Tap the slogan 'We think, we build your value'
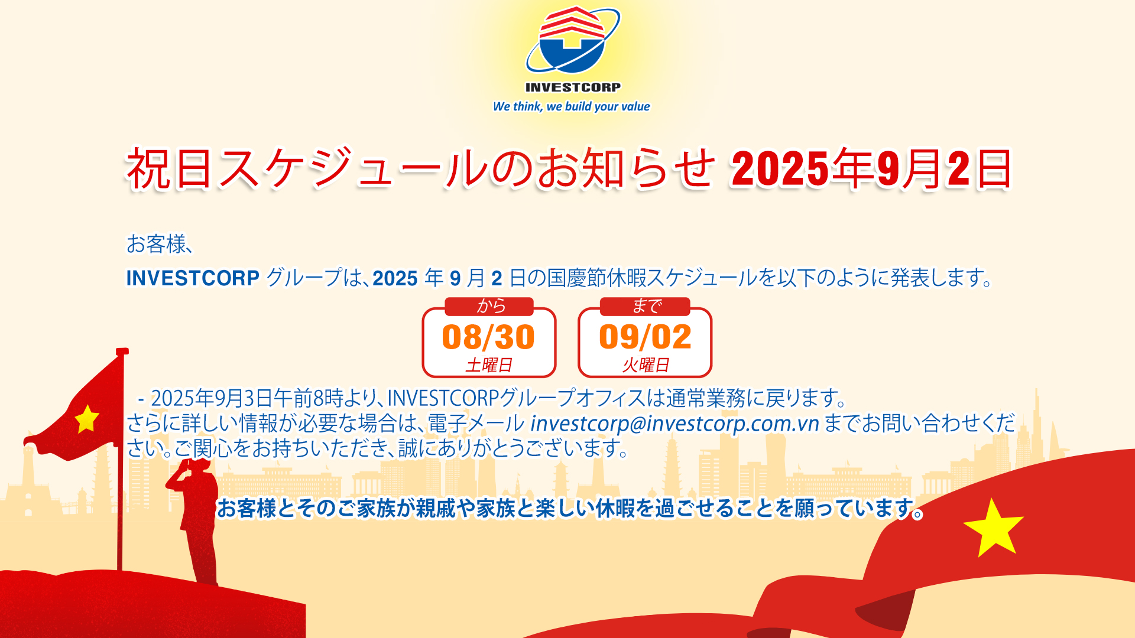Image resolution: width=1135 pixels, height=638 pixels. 572,106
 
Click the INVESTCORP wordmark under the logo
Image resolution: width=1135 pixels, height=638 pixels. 573,87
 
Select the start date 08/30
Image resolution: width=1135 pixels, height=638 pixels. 488,337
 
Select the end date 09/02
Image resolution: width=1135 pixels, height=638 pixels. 645,337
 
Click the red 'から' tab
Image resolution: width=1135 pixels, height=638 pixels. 489,306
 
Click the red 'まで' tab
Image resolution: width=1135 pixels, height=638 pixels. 645,306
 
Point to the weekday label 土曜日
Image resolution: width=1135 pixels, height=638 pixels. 489,365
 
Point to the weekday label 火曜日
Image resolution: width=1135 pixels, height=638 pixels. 646,365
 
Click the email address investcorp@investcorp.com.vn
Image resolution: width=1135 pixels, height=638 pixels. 674,424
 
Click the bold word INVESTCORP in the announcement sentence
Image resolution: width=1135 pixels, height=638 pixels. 193,278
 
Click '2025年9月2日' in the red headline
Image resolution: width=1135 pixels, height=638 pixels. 871,170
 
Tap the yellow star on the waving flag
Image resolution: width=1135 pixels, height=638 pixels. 87,419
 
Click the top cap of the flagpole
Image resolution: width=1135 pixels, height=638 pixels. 122,351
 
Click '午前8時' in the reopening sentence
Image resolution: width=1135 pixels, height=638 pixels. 308,398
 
